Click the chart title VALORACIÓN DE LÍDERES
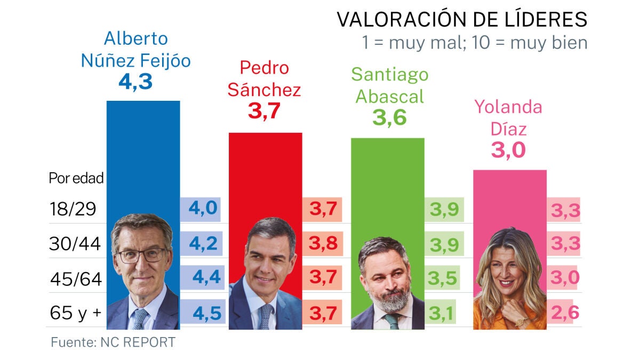[462, 20]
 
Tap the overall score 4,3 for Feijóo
[135, 82]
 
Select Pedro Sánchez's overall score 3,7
[264, 111]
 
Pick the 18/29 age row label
[73, 209]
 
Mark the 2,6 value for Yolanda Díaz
[565, 313]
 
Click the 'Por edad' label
[76, 179]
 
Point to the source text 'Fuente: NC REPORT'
[113, 342]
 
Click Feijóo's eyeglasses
[141, 255]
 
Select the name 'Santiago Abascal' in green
[389, 85]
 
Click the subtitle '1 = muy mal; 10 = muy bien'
[474, 42]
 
